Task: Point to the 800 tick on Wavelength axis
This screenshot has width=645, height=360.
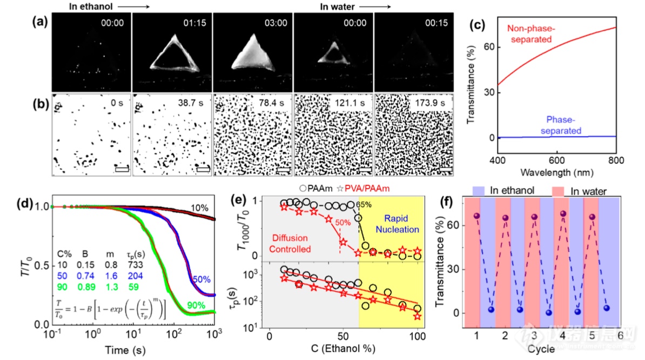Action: (x=616, y=160)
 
